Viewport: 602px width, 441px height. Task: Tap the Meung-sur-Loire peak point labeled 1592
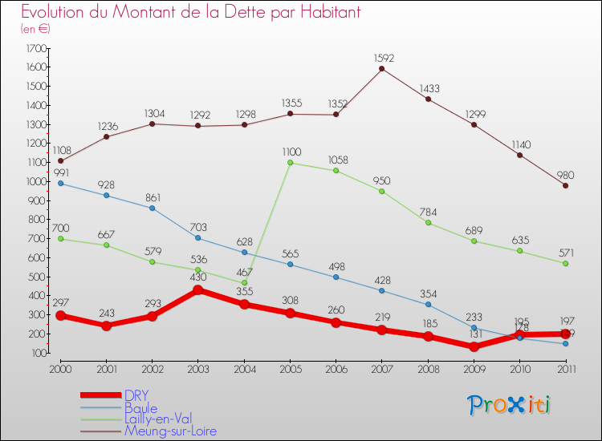point(381,68)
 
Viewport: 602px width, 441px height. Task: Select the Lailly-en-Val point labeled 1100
point(290,163)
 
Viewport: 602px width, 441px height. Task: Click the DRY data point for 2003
point(198,289)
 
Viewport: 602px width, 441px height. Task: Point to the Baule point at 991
point(60,183)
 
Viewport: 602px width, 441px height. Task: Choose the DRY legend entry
point(136,394)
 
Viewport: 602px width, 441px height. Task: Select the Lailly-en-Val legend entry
point(157,419)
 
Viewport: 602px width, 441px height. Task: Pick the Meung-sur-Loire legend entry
point(169,431)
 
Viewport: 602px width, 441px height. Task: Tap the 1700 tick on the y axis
point(35,49)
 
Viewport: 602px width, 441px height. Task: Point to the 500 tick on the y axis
point(37,277)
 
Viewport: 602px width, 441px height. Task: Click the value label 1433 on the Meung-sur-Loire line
point(428,88)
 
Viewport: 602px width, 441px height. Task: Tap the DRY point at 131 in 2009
point(474,346)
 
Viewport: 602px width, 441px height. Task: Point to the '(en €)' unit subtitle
point(36,29)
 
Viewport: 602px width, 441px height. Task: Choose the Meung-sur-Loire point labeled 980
point(565,185)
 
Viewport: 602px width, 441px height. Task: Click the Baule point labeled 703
point(198,238)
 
